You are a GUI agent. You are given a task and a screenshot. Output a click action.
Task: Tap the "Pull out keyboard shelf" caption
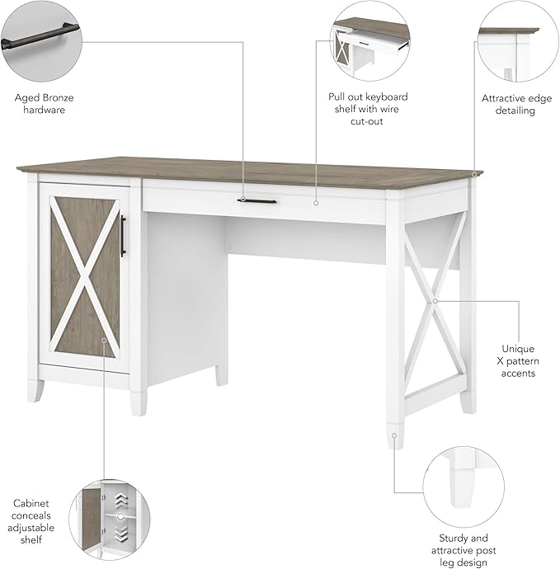pos(367,109)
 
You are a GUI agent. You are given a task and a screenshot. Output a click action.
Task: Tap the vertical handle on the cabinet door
pos(123,235)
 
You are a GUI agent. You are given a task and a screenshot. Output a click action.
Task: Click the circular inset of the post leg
pos(459,482)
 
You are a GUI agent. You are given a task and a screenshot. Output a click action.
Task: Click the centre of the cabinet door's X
pos(83,264)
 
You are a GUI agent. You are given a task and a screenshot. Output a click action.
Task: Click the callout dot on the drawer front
pos(316,200)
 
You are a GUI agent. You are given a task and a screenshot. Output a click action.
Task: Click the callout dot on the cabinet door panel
pos(104,338)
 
